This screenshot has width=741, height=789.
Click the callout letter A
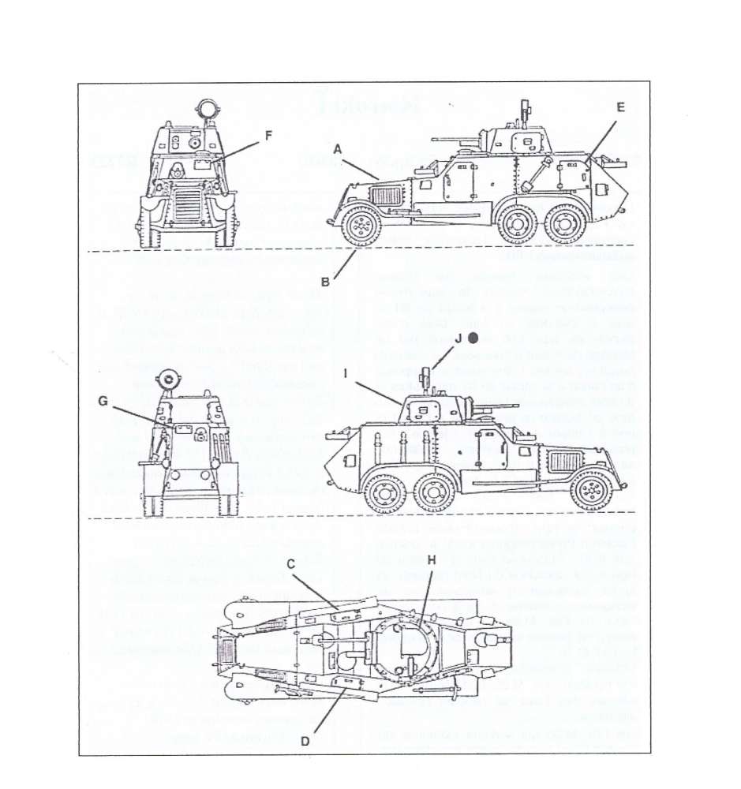[x=337, y=148]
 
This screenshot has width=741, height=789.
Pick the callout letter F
[x=268, y=135]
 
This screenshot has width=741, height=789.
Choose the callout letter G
[x=103, y=401]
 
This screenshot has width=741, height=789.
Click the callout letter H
[x=431, y=559]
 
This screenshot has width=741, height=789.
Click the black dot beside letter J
[x=473, y=338]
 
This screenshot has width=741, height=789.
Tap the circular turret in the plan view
[x=406, y=649]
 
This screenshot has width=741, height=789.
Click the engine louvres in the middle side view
[x=565, y=461]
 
